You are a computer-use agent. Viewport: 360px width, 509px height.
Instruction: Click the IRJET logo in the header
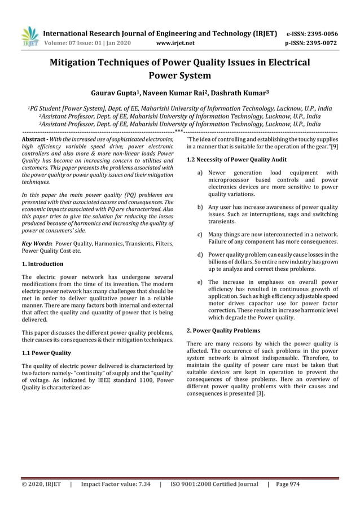tap(29, 36)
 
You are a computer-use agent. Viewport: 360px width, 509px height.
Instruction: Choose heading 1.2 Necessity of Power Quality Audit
tap(236, 160)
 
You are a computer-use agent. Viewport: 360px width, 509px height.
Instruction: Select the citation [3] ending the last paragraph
tap(258, 394)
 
